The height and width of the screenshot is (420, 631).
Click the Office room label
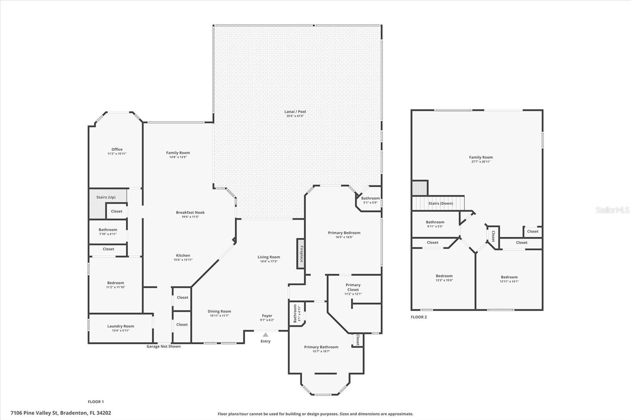click(117, 149)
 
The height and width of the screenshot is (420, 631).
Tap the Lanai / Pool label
click(295, 112)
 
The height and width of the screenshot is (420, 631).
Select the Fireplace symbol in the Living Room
click(301, 254)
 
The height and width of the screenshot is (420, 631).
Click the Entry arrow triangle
click(265, 335)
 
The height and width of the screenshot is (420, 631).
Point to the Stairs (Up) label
click(106, 197)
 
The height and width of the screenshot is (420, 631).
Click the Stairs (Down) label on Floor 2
click(441, 203)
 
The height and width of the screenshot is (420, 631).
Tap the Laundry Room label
click(120, 326)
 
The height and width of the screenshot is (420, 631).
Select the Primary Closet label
click(353, 287)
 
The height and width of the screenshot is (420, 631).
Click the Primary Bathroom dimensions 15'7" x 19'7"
click(321, 351)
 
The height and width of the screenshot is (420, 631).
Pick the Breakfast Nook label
click(190, 212)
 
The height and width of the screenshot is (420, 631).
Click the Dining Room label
click(219, 311)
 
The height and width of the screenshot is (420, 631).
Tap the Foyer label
click(267, 316)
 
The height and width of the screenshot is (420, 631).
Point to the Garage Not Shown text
click(163, 346)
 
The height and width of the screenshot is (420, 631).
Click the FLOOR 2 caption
click(418, 317)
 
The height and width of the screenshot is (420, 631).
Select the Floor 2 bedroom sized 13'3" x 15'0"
click(444, 278)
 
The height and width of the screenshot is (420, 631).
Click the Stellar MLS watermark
click(612, 210)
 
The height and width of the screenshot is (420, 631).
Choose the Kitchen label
click(183, 255)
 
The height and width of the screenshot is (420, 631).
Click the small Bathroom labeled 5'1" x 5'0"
click(370, 200)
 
